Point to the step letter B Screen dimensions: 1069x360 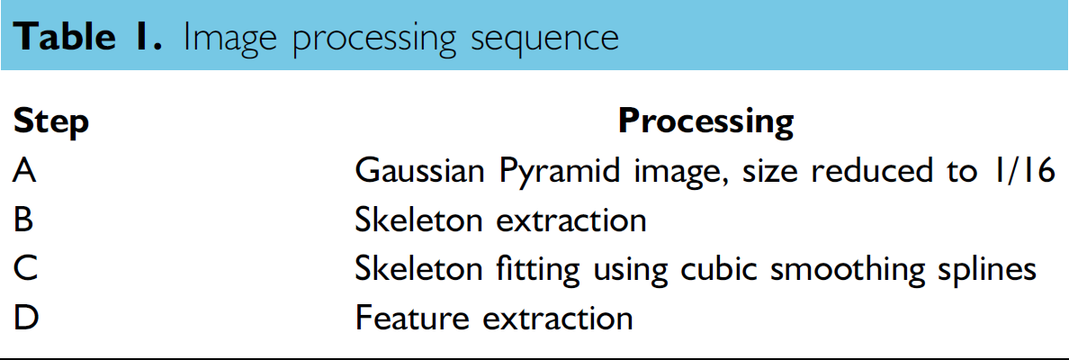(x=24, y=220)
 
